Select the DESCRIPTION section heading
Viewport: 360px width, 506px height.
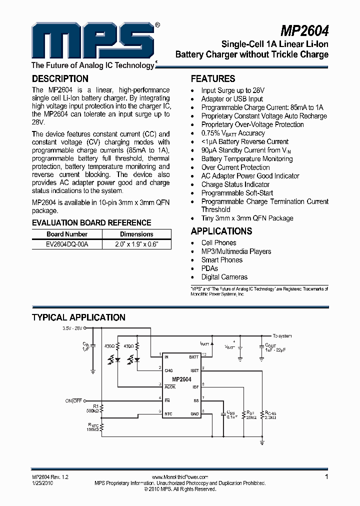tap(60, 78)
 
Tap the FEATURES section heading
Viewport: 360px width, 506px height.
tap(213, 79)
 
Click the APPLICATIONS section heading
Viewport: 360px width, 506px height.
tap(221, 231)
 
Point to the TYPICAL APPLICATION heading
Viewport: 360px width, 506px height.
tap(78, 317)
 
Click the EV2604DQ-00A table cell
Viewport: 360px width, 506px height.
tap(67, 244)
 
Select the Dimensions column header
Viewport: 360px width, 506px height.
tap(136, 234)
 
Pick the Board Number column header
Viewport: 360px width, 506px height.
tap(67, 234)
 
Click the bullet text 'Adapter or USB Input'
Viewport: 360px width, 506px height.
tap(232, 99)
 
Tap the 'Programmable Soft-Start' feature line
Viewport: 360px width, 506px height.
tap(237, 192)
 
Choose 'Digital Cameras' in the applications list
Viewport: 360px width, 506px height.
tap(224, 277)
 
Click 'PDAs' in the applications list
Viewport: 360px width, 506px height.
tap(209, 268)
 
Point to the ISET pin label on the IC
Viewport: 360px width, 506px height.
tap(194, 370)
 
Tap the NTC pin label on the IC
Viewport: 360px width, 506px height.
tap(169, 414)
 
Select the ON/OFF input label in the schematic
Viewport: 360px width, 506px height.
tap(73, 401)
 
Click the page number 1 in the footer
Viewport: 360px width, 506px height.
tap(326, 477)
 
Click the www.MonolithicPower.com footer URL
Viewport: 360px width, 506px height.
tap(179, 477)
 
